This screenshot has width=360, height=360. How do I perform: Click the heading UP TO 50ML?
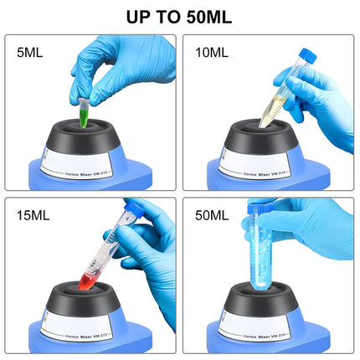[179, 16]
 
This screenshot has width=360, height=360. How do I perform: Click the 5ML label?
[31, 53]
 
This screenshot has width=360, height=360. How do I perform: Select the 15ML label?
[33, 215]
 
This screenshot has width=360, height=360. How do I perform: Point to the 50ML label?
[210, 215]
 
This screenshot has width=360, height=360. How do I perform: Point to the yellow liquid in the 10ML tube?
[270, 110]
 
